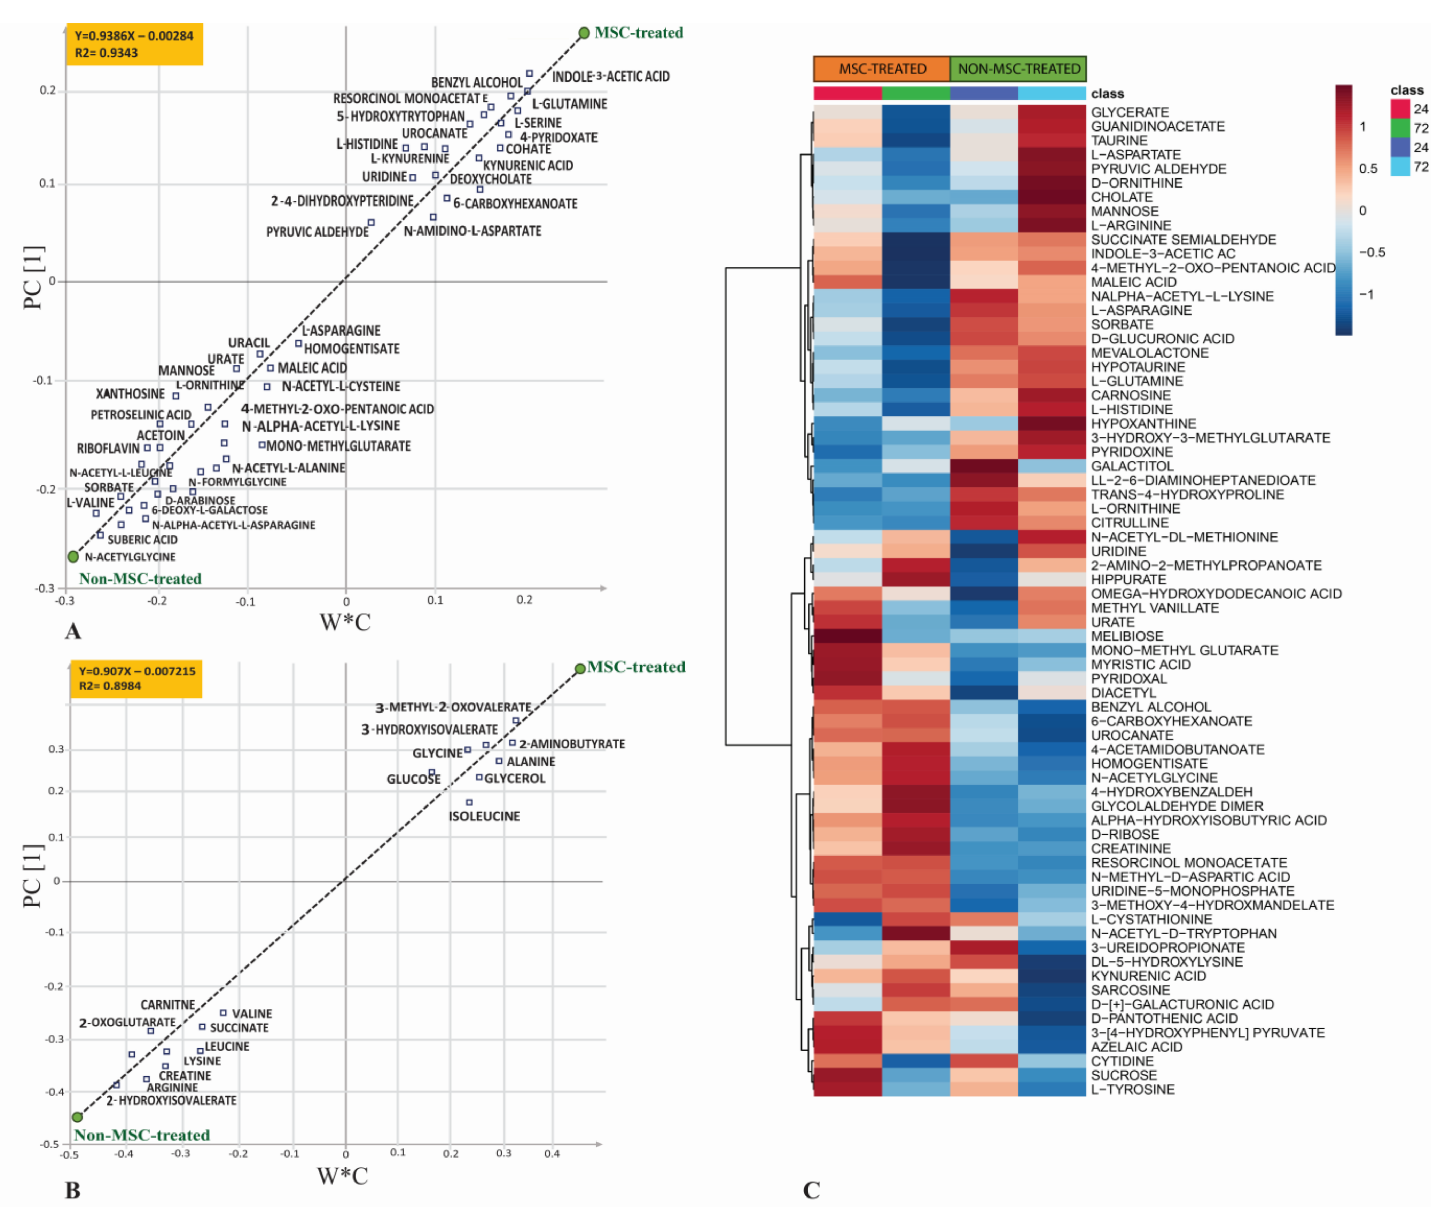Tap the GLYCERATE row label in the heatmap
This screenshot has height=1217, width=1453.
pyautogui.click(x=1129, y=112)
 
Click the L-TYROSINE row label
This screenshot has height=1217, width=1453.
pyautogui.click(x=1132, y=1089)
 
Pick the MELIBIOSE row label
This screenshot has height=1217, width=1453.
pyautogui.click(x=1126, y=636)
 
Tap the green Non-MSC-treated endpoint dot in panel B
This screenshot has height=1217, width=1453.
pyautogui.click(x=78, y=1117)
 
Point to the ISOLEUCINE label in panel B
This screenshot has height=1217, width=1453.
pyautogui.click(x=484, y=816)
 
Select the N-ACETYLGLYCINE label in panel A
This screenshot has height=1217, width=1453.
pyautogui.click(x=130, y=557)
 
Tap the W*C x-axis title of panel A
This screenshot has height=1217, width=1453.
pyautogui.click(x=345, y=622)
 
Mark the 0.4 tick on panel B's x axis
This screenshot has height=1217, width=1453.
pyautogui.click(x=552, y=1153)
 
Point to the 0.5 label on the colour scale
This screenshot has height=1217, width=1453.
pyautogui.click(x=1368, y=169)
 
